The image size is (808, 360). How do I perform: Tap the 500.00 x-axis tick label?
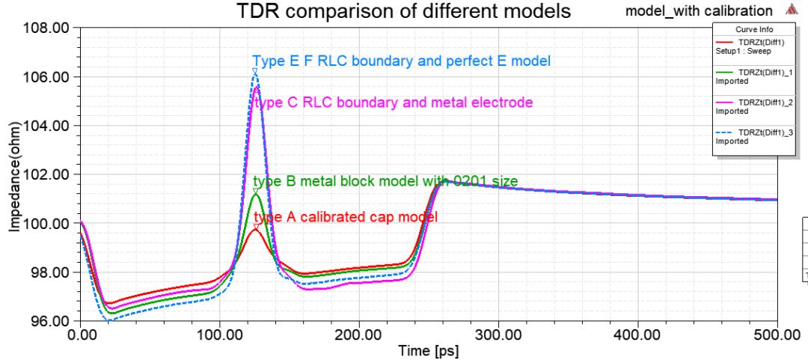(777, 334)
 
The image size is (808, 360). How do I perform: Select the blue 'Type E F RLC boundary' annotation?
(403, 61)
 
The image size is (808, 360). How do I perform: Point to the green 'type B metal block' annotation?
(385, 181)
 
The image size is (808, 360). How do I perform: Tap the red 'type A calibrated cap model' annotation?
(346, 217)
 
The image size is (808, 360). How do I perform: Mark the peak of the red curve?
(256, 229)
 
